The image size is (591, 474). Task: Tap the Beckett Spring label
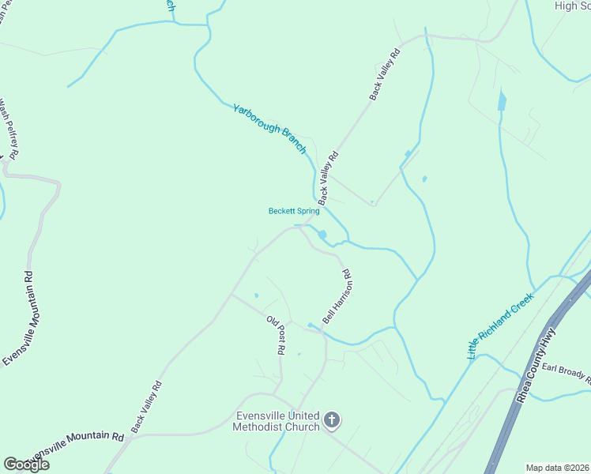(x=294, y=211)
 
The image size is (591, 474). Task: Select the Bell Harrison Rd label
(x=336, y=296)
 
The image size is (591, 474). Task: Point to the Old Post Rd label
(x=275, y=334)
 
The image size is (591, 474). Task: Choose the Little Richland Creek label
(x=501, y=325)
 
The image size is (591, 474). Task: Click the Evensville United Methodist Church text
(x=277, y=422)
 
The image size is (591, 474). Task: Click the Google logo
(x=26, y=465)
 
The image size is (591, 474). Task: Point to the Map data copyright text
(x=556, y=468)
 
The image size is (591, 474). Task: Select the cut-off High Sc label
(x=573, y=6)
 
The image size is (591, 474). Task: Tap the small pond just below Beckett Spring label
(x=322, y=235)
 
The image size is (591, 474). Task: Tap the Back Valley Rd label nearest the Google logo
(x=146, y=407)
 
